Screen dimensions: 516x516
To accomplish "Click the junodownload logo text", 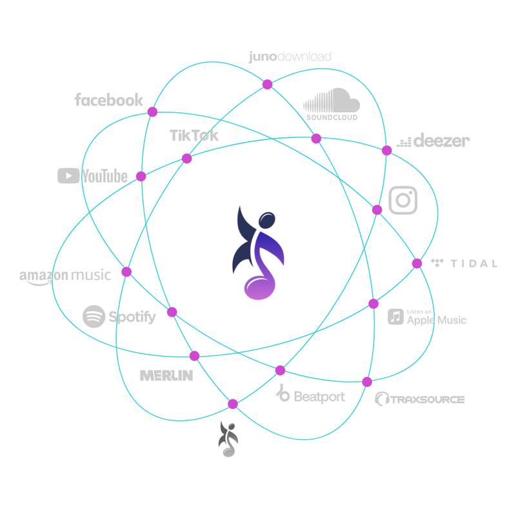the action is pos(290,57).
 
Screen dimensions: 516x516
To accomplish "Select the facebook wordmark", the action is pos(108,100).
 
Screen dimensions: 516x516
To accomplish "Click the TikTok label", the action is pos(194,135).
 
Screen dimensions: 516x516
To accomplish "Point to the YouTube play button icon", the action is pos(68,175).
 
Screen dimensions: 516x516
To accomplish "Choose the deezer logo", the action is pos(433,141).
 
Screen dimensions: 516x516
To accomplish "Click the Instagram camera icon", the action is pos(403,200).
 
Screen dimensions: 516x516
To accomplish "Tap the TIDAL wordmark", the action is pos(473,263).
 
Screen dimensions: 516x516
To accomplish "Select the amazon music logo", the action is pos(65,276).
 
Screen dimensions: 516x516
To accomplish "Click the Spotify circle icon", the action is pos(94,317).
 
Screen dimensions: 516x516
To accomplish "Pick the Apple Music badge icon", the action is pos(395,317).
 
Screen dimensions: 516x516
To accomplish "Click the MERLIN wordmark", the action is pos(166,375).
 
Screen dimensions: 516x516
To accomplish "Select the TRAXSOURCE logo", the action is pos(420,399).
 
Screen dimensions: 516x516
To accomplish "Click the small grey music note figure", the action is pos(228,439).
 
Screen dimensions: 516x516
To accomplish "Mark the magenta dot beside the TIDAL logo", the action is pos(417,263).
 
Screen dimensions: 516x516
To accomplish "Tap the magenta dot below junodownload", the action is pos(267,84).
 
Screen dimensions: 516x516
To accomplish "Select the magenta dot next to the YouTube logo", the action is pos(141,176).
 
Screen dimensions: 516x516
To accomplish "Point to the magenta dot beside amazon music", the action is pos(126,272).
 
